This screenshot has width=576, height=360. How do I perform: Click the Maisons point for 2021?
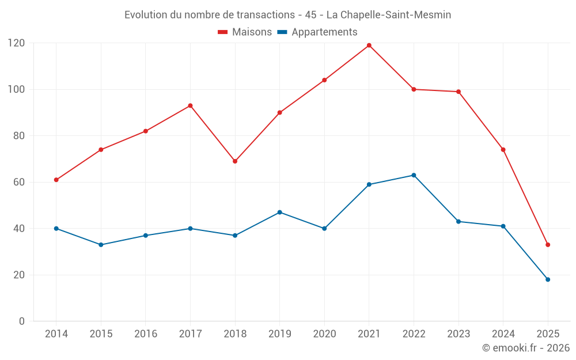point(369,46)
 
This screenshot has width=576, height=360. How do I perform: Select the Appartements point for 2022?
point(414,175)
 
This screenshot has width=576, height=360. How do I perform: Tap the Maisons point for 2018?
point(235,161)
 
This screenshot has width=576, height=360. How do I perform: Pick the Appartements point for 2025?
point(548,279)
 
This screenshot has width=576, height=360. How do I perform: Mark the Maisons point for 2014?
point(56,180)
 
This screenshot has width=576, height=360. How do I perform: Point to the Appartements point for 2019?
point(280,213)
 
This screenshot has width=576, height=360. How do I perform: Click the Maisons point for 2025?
point(548,245)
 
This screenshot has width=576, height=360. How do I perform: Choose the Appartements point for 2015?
point(101,245)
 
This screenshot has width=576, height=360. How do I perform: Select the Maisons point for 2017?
point(190,105)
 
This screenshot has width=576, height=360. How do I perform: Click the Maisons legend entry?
point(245,32)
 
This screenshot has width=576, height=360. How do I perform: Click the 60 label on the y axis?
point(19,182)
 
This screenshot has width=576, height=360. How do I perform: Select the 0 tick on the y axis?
point(22,321)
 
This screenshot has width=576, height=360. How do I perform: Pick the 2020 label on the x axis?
point(324,334)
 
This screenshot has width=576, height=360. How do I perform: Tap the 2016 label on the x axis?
point(146,334)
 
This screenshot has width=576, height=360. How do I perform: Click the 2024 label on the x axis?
point(503,334)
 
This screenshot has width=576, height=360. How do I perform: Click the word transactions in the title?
point(265,14)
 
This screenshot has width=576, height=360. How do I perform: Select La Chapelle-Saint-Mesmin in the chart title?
point(389,14)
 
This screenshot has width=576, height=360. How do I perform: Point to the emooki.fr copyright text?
point(526,348)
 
